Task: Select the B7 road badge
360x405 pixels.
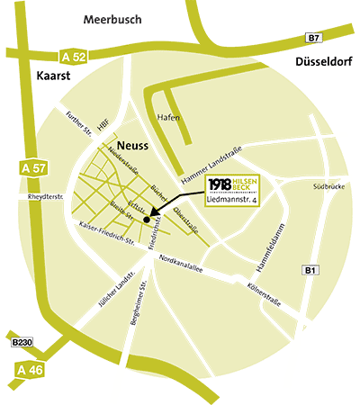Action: pos(313,38)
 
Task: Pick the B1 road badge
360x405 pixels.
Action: pos(310,270)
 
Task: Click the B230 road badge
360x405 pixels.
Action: pos(22,343)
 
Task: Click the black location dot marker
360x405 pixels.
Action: pos(146,218)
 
